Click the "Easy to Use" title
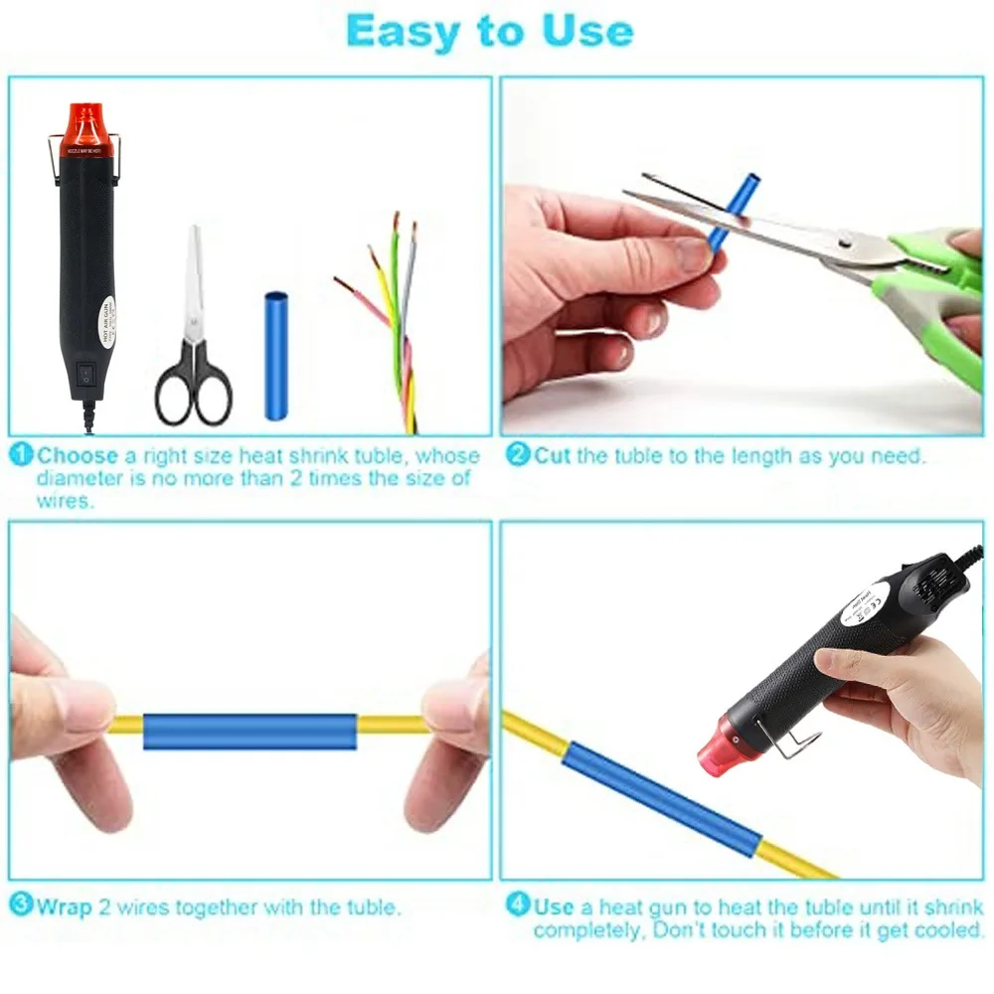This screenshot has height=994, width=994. (489, 32)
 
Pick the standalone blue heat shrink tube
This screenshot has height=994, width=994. (274, 355)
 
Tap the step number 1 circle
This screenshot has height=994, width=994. (22, 456)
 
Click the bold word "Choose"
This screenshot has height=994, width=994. (78, 456)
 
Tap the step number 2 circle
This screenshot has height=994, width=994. (518, 456)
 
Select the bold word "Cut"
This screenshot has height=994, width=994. (554, 456)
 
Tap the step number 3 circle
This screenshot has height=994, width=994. (22, 906)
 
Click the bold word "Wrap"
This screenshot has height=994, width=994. (65, 907)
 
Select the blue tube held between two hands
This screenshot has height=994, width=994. (248, 731)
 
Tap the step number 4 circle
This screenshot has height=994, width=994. (518, 906)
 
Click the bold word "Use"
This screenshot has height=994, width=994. (554, 907)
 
